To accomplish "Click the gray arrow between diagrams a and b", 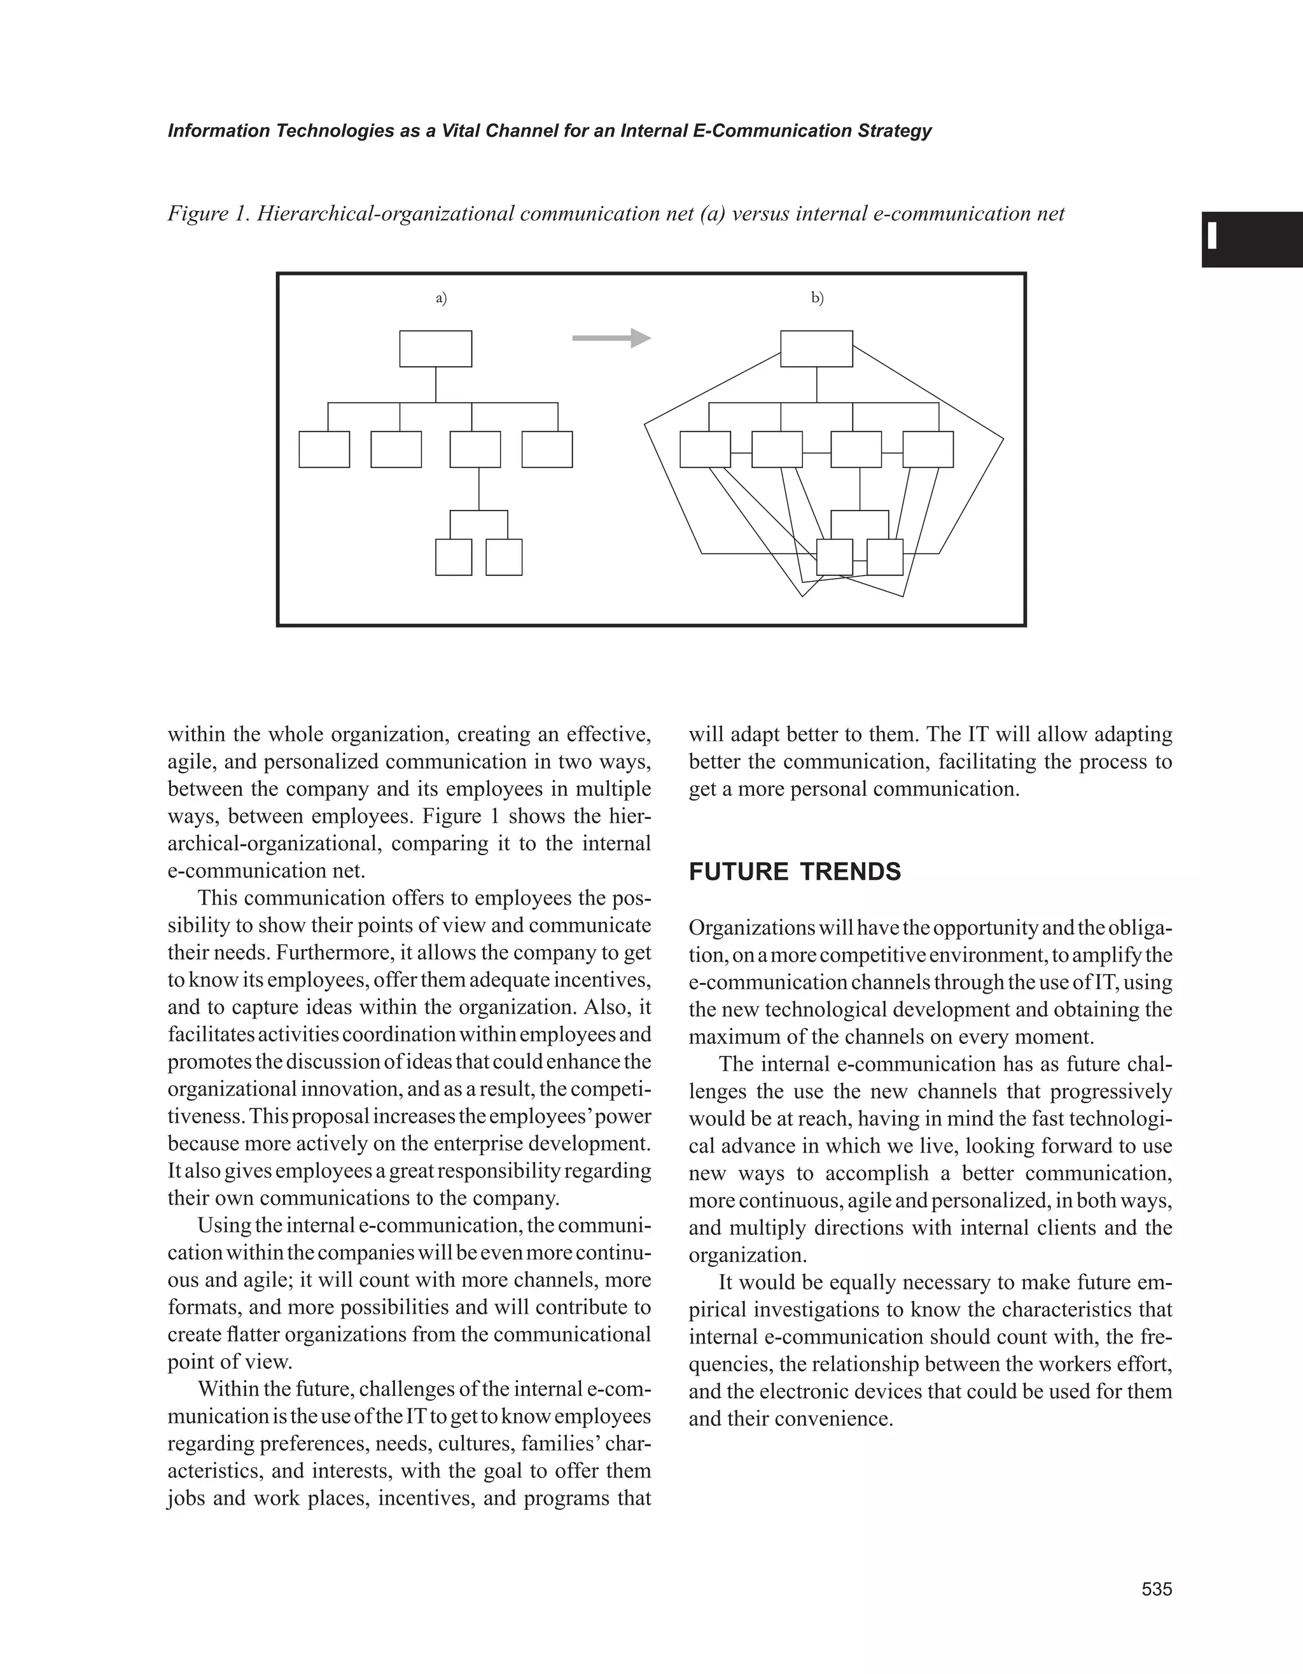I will (x=611, y=338).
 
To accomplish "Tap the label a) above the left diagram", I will (x=441, y=298).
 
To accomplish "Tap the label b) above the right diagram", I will (x=818, y=298).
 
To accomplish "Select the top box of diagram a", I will (x=436, y=349).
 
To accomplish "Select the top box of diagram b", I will (x=817, y=349).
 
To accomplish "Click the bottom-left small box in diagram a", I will (x=453, y=557).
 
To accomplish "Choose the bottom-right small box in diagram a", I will (x=504, y=557).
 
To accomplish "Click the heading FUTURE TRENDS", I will (x=795, y=872).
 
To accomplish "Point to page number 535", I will (x=1157, y=1589).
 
